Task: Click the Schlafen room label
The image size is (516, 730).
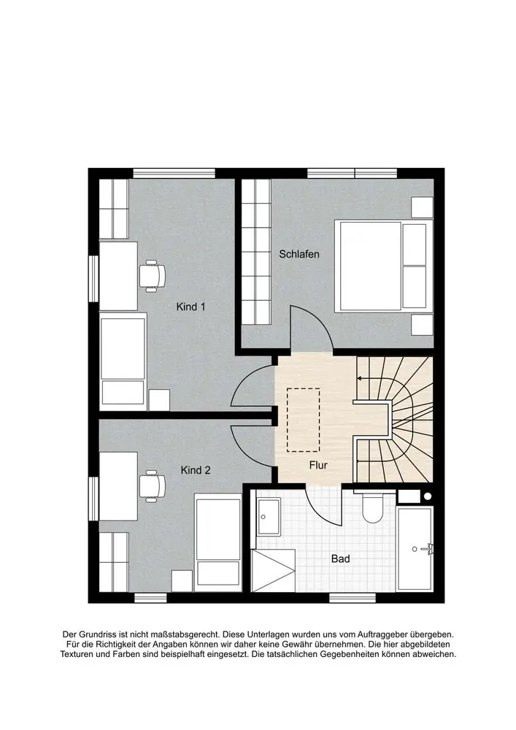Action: [x=299, y=254]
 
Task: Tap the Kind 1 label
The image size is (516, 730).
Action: [x=190, y=307]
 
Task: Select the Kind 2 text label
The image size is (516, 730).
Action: [x=196, y=470]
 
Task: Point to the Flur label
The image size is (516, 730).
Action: [x=318, y=465]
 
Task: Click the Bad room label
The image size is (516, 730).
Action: [x=340, y=558]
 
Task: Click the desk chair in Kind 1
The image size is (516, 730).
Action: [x=152, y=276]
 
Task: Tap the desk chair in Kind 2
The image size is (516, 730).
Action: [x=152, y=486]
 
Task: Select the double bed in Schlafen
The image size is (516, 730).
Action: [x=384, y=266]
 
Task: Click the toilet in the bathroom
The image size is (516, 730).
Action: [x=372, y=507]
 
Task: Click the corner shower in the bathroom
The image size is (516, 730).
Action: [x=273, y=571]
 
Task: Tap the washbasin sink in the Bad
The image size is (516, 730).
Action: [x=269, y=517]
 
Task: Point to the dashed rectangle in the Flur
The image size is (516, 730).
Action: [x=304, y=420]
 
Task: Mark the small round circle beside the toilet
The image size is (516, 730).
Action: [x=428, y=496]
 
